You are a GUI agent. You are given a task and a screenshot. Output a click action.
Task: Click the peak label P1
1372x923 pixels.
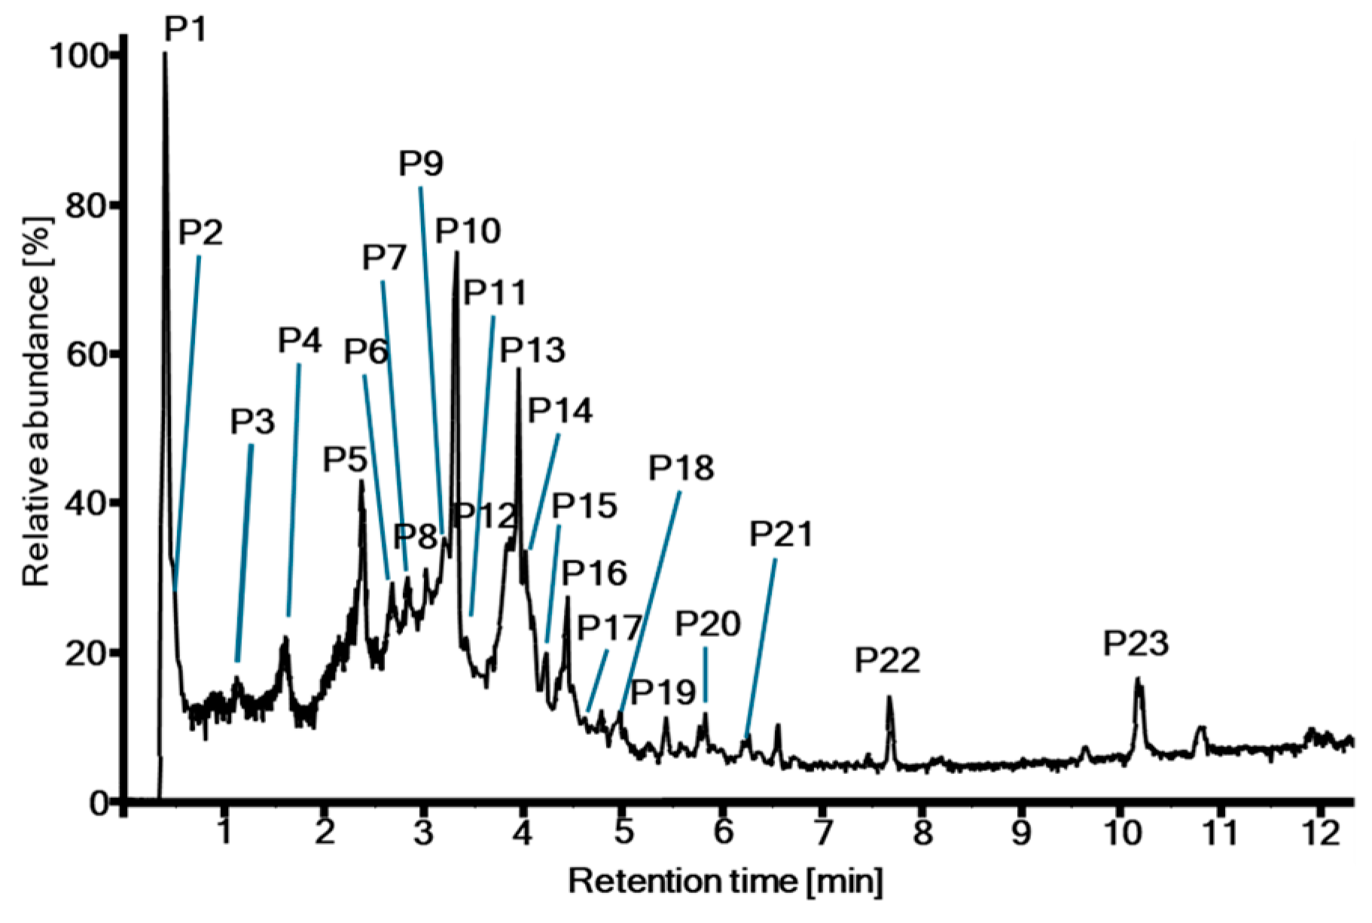[x=185, y=29]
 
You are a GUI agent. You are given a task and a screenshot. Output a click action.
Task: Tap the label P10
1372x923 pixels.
[x=468, y=231]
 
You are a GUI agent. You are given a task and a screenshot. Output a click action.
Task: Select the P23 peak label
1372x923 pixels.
[x=1136, y=644]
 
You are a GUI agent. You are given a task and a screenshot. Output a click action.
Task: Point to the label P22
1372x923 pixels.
[x=887, y=661]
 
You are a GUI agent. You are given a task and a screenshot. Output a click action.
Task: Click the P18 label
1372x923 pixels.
[x=681, y=468]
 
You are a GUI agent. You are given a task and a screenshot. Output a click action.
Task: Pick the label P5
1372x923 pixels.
[x=345, y=459]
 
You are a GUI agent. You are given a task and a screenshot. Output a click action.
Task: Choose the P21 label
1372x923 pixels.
[x=782, y=535]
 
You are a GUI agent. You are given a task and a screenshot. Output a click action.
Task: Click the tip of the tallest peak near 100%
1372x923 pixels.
[x=165, y=54]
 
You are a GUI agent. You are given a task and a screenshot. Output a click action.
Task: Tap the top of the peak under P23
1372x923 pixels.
[x=1138, y=681]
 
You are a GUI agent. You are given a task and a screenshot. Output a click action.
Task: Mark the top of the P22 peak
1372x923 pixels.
[x=889, y=698]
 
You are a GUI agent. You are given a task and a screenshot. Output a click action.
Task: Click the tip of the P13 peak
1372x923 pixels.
[x=518, y=370]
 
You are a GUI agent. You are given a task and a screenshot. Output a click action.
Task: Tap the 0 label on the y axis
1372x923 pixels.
[x=99, y=804]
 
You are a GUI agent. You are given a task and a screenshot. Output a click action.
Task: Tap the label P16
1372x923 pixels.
[x=594, y=574]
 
